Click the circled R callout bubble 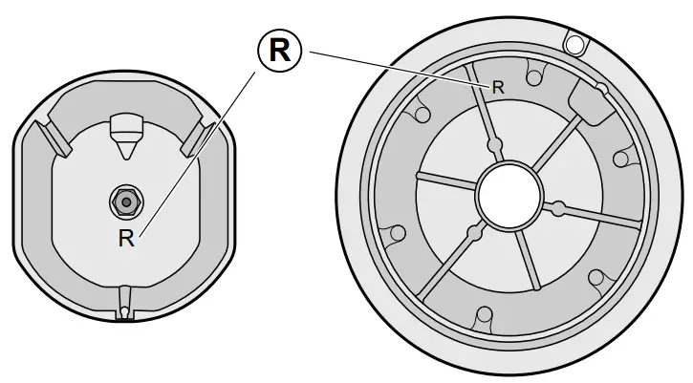[x=279, y=51]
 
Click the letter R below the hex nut [x=126, y=239]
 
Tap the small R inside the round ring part [x=497, y=86]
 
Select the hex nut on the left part [x=123, y=201]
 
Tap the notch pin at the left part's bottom [x=124, y=309]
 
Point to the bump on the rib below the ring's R [x=494, y=146]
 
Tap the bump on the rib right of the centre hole [x=555, y=204]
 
